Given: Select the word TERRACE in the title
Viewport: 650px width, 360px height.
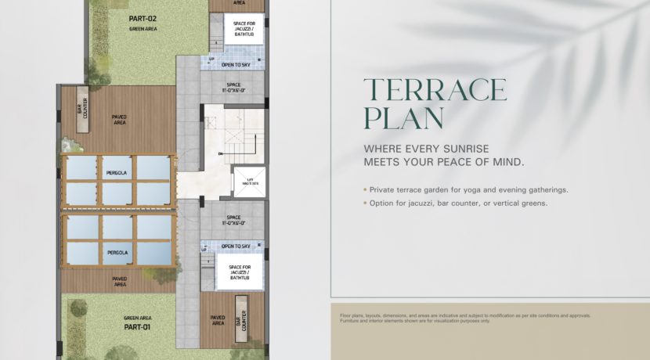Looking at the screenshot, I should (x=435, y=90).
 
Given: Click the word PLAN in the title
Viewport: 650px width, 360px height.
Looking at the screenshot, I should (x=403, y=120).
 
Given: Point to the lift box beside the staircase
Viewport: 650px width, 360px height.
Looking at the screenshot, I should (x=244, y=182).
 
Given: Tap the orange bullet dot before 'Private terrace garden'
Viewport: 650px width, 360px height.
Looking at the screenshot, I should (x=364, y=190).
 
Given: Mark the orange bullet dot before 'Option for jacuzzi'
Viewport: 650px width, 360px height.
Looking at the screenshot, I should (x=364, y=203).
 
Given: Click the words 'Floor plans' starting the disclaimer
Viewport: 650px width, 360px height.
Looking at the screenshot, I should (x=350, y=315).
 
